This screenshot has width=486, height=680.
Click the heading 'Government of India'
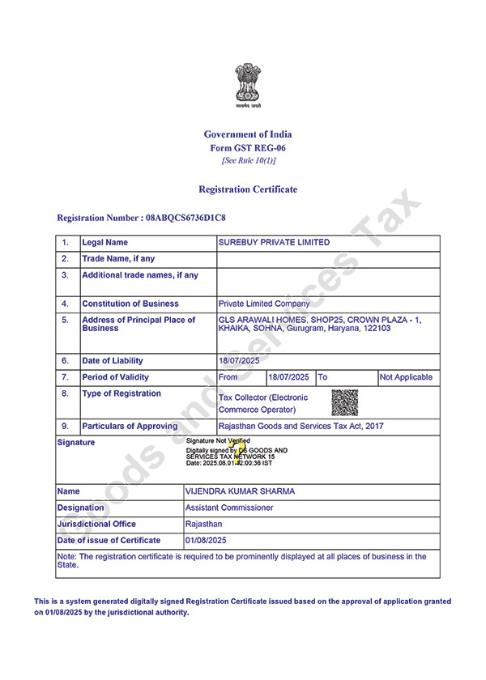pos(248,134)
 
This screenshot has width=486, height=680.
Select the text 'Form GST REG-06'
pos(248,148)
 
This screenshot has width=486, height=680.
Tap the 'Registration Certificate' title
pos(248,189)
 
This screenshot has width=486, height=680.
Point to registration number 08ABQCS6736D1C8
pos(184,219)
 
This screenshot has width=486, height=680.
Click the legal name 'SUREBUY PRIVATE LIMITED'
pos(275,243)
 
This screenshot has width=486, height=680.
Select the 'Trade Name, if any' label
pos(118,259)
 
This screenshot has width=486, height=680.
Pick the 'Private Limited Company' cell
pos(264,304)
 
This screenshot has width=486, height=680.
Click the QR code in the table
pos(344,402)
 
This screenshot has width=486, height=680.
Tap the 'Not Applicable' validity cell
pos(407,377)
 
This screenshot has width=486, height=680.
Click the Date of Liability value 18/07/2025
pos(237,361)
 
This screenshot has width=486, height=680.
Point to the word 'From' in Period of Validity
pos(228,377)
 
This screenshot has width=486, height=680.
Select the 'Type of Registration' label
pos(122,394)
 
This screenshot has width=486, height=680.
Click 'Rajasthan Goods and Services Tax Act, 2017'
pos(301,426)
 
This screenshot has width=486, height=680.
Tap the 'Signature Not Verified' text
pos(218,440)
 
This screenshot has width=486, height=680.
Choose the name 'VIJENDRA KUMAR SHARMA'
pos(240,491)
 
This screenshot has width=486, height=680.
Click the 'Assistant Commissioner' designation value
pos(229,508)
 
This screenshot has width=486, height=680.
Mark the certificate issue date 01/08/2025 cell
pos(207,540)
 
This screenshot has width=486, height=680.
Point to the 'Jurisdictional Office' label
pos(96,524)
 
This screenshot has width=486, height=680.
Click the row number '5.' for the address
pos(66,321)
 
